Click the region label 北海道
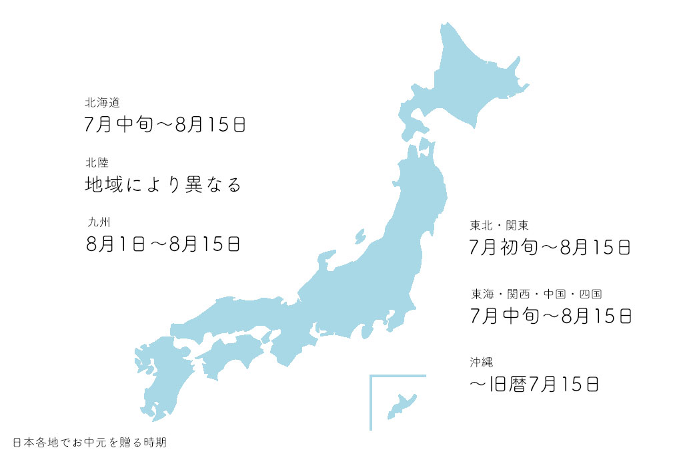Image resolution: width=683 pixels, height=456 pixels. (x=101, y=103)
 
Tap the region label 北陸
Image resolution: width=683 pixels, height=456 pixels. (x=97, y=162)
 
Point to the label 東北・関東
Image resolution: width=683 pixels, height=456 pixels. (x=499, y=225)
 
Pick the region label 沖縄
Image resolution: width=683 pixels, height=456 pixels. (x=480, y=363)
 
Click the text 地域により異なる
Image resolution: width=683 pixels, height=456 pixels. (x=163, y=184)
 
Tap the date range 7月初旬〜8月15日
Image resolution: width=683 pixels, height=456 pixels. (x=550, y=248)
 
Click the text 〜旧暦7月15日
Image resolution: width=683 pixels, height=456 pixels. (x=535, y=384)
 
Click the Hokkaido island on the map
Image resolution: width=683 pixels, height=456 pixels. (x=467, y=80)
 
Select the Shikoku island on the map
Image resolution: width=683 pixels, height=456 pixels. (x=230, y=351)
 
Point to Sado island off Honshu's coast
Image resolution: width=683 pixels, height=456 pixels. (x=360, y=236)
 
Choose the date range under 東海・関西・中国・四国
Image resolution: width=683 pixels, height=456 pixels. (x=550, y=315)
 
